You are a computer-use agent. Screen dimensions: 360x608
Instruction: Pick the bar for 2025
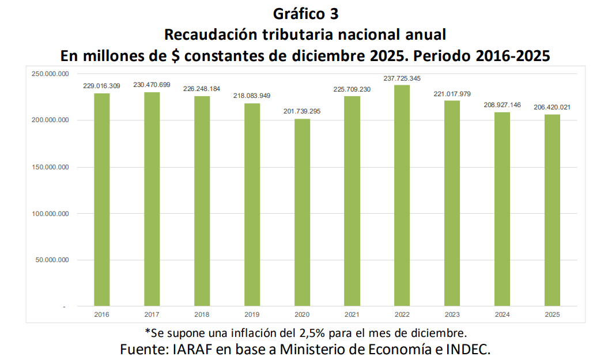pyautogui.click(x=552, y=210)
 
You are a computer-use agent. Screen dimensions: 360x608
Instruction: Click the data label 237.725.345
pyautogui.click(x=402, y=78)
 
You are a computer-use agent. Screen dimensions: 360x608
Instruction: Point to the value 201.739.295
pyautogui.click(x=302, y=112)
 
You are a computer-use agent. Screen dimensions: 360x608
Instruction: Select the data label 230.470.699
pyautogui.click(x=152, y=85)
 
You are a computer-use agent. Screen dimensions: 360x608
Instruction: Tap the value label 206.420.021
pyautogui.click(x=552, y=108)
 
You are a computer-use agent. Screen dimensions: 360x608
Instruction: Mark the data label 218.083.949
pyautogui.click(x=252, y=96)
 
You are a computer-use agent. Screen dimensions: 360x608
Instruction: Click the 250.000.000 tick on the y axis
pyautogui.click(x=50, y=74)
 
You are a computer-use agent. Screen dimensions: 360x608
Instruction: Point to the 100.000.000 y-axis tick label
pyautogui.click(x=50, y=214)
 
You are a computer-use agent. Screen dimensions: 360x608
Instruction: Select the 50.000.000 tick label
pyautogui.click(x=52, y=260)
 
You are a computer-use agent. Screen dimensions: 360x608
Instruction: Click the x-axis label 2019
pyautogui.click(x=252, y=314)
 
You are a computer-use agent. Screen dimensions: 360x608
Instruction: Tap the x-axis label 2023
pyautogui.click(x=452, y=314)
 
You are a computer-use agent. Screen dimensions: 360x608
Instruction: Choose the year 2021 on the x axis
pyautogui.click(x=352, y=314)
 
